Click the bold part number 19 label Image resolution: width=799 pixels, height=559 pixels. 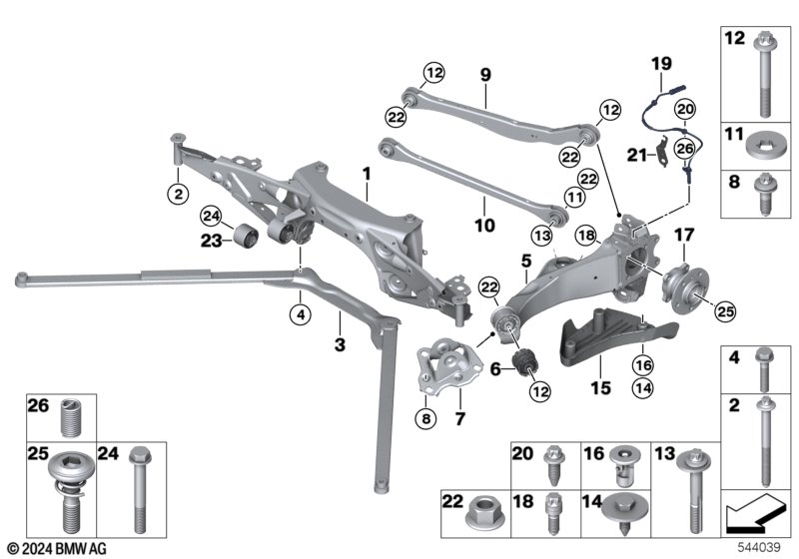click(661, 64)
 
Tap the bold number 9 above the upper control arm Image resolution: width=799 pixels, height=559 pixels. click(485, 75)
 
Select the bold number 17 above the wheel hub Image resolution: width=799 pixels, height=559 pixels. click(684, 235)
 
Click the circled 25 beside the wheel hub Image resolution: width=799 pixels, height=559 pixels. click(725, 311)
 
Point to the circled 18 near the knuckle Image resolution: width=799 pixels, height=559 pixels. click(586, 236)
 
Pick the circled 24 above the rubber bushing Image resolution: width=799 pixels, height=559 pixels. click(211, 217)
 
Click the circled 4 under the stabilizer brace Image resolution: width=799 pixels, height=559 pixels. click(301, 314)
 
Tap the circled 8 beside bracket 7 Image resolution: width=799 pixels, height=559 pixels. click(426, 418)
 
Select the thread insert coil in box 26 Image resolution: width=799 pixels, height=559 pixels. click(71, 418)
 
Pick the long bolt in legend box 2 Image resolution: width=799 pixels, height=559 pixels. click(765, 442)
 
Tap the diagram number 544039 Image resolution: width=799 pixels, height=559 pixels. click(759, 547)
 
